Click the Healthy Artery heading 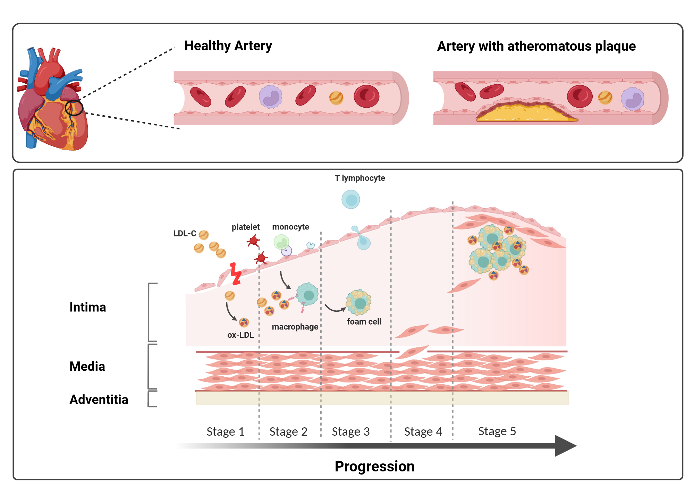(228, 46)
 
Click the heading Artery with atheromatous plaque (536, 46)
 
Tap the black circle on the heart (74, 108)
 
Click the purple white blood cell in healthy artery (270, 97)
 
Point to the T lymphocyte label (359, 178)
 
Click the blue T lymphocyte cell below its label (351, 200)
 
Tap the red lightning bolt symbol (236, 274)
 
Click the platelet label (245, 227)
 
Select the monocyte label (290, 227)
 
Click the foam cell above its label (359, 302)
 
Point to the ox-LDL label (240, 335)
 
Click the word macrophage (295, 327)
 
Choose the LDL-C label (185, 234)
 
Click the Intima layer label (87, 307)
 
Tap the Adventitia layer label (99, 400)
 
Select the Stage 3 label (350, 431)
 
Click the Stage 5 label (497, 431)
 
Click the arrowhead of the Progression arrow (565, 446)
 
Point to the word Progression (374, 467)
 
